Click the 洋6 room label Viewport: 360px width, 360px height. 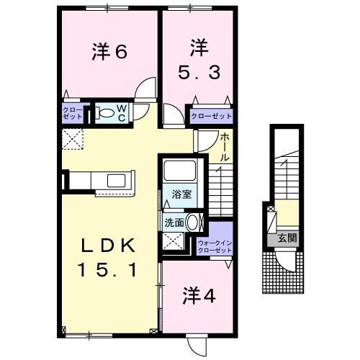110,52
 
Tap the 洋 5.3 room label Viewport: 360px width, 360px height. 199,61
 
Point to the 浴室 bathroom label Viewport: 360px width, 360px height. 180,193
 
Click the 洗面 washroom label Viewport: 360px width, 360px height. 174,223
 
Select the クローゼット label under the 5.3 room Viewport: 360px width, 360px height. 211,114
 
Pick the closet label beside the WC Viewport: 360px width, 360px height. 72,114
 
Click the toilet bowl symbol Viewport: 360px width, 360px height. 106,113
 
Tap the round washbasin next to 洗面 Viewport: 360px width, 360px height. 193,222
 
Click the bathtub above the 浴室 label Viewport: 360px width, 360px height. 178,172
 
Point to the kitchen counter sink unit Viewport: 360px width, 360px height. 114,181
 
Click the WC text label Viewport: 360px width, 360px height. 122,113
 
